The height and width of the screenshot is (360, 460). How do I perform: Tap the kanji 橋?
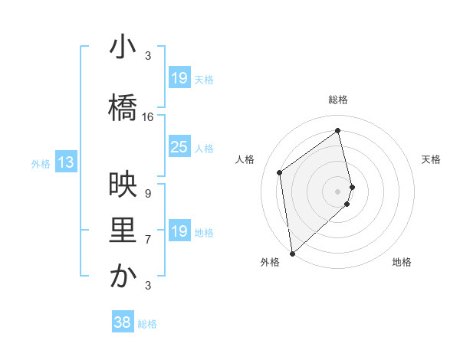tap(123, 108)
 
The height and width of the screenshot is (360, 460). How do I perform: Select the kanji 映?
tap(123, 184)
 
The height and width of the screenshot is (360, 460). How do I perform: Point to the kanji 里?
tap(123, 231)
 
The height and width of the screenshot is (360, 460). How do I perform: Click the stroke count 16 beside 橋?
tap(148, 117)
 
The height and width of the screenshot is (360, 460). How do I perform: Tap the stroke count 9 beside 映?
tap(148, 193)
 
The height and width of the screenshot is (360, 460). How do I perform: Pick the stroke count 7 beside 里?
tap(148, 240)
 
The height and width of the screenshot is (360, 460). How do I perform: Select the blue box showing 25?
tap(179, 147)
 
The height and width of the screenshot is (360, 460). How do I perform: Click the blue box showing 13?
tap(65, 162)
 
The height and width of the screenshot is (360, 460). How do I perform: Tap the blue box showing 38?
tap(123, 323)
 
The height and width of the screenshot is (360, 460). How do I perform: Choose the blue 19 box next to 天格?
tap(179, 78)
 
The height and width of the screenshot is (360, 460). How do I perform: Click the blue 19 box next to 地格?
tap(179, 231)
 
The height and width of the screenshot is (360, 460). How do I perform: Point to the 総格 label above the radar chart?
tap(338, 100)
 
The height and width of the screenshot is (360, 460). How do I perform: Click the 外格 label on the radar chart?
tap(269, 262)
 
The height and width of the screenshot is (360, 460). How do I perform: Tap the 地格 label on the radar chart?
tap(402, 262)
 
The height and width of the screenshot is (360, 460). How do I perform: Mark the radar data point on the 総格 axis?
tap(338, 130)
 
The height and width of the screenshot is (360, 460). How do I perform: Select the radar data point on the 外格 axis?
tap(291, 253)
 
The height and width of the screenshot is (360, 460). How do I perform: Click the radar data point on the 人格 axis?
tap(280, 172)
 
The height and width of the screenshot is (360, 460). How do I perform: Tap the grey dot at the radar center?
tap(338, 191)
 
